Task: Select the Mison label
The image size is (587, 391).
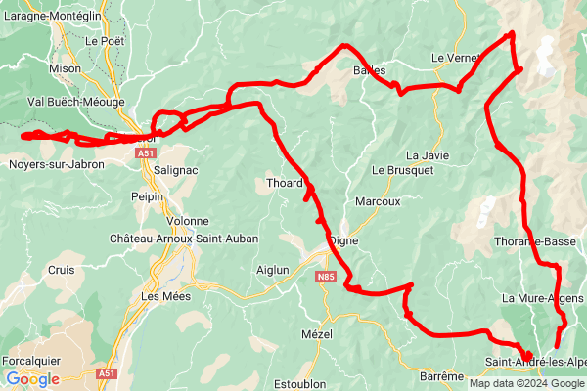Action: (x=65, y=68)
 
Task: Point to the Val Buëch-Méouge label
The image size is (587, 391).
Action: (x=75, y=101)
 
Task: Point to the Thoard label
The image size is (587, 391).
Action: (x=285, y=183)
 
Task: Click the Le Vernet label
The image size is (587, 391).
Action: (x=453, y=58)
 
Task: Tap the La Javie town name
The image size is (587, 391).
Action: (x=428, y=155)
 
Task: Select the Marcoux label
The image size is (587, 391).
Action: (x=378, y=201)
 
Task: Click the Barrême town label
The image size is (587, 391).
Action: (x=440, y=376)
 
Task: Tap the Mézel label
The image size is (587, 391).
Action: (x=317, y=334)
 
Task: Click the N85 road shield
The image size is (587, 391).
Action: (x=326, y=279)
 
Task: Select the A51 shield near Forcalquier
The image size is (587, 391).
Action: (x=107, y=373)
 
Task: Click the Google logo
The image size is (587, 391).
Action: (x=32, y=379)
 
